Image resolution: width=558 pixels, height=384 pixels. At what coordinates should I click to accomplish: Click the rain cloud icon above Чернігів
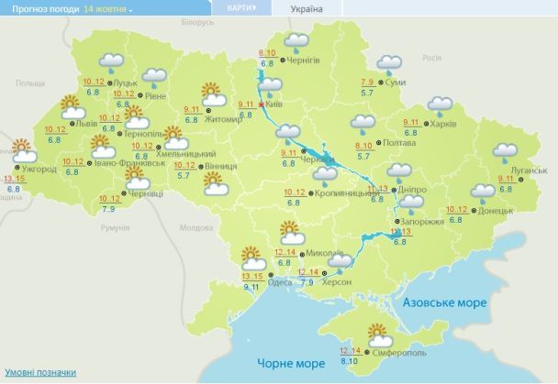[x=296, y=41]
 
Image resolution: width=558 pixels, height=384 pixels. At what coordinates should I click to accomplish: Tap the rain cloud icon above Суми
[x=391, y=63]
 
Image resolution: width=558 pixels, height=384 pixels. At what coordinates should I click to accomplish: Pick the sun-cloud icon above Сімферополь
[x=378, y=332]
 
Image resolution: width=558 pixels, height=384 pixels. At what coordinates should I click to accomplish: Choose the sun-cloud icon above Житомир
[x=213, y=93]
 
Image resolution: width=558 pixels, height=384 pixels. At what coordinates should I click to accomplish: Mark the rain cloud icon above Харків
[x=439, y=105]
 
